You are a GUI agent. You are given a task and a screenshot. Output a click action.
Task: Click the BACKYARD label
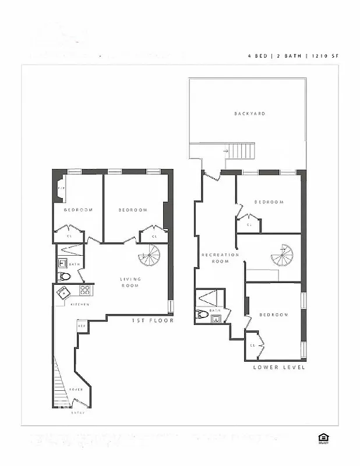point(249,114)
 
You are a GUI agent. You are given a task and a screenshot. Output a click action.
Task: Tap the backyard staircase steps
point(241,151)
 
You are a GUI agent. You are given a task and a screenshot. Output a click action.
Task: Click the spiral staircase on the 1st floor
point(149,255)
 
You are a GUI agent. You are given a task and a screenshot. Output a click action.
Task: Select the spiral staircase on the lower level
point(283,255)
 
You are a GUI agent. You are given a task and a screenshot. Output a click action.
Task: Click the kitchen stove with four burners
point(85,290)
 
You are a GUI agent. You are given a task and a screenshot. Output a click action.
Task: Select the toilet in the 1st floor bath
point(64,277)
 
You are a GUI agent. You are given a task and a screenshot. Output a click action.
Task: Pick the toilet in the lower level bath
point(201,315)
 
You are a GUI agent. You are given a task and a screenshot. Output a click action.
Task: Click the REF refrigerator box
point(82,326)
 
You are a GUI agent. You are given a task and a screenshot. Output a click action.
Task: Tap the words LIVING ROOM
point(130,283)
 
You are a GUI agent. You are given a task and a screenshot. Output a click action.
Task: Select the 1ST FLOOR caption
point(153,320)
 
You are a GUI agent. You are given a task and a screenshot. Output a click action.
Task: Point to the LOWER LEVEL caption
point(279,368)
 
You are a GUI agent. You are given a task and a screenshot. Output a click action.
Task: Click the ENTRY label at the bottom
point(78,412)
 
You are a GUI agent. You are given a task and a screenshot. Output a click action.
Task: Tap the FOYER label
point(76,389)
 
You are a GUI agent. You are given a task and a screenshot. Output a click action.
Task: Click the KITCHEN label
point(80,305)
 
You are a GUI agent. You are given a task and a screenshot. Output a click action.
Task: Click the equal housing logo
point(323,439)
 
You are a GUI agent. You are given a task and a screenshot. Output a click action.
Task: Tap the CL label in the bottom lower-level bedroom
point(253,345)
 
